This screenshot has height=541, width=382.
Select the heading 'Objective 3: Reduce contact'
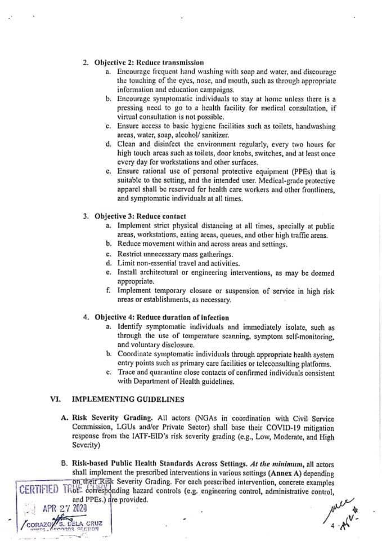pyautogui.click(x=140, y=216)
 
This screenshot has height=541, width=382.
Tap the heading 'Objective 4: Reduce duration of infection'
pyautogui.click(x=161, y=318)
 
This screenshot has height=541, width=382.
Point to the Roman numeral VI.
pyautogui.click(x=55, y=399)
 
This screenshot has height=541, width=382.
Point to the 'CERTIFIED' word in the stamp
pyautogui.click(x=39, y=489)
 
